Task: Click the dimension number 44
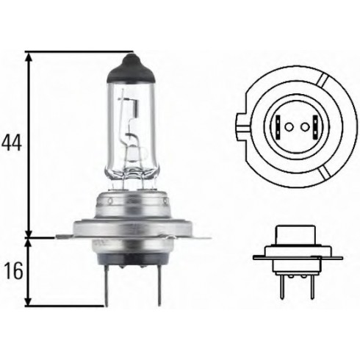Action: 11,141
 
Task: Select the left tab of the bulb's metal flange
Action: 68,236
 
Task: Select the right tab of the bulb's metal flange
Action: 195,236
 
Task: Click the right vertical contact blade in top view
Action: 312,126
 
